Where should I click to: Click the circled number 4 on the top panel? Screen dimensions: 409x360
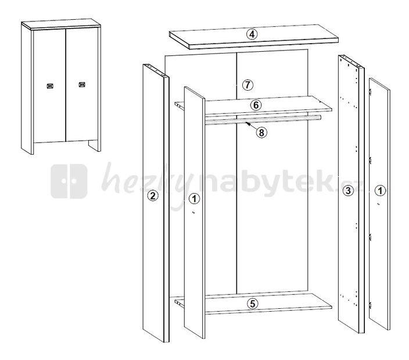coord(252,34)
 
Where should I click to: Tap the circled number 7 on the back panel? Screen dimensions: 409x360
coord(247,85)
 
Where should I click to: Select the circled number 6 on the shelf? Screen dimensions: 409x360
coord(256,105)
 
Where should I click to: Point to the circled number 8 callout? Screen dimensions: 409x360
coord(261,133)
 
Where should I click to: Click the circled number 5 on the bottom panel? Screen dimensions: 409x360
coord(252,304)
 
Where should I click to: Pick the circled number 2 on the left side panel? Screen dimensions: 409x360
coord(153,195)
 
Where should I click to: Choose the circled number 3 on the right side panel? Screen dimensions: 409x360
coord(348,191)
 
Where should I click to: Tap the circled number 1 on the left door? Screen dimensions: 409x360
coord(194,199)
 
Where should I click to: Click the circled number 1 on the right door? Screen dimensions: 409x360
coord(381,191)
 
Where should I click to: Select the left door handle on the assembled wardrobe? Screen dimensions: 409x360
coord(50,86)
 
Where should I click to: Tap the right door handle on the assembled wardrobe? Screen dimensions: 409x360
coord(82,84)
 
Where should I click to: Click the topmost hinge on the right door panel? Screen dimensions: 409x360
coord(370,92)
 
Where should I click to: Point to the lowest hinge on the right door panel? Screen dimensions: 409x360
coord(370,305)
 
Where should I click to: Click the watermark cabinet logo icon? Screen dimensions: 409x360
coord(69,181)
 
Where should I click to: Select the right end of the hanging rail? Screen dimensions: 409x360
coord(320,117)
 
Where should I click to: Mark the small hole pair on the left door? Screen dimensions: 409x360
coord(193,212)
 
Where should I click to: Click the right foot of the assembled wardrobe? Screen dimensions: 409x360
coord(95,145)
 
